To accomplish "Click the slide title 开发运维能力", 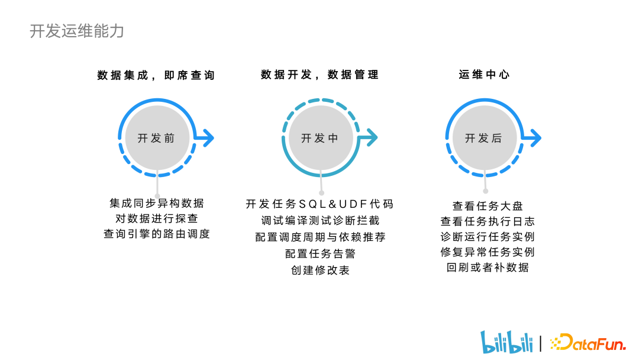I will pos(77,31).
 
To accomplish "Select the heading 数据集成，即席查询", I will pos(156,75).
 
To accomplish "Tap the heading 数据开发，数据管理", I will pos(319,75).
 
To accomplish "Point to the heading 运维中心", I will pos(484,75).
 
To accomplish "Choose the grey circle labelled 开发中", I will pos(319,138).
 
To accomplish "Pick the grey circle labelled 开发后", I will pos(484,138).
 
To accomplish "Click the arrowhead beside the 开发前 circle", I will pos(208,138).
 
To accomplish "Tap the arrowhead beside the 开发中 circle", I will pos(371,138).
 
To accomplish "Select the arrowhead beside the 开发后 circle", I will pos(535,138).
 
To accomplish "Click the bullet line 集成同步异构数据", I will pos(157,203).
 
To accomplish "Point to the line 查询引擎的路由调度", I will pos(157,234).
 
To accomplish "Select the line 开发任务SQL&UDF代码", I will pos(319,204).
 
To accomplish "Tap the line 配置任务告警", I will pos(320,253).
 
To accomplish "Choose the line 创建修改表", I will pos(320,270).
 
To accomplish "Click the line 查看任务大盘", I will pos(488,206).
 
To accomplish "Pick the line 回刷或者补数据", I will pos(488,268).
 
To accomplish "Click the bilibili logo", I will pos(506,342).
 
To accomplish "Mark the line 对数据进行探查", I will pos(157,218).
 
